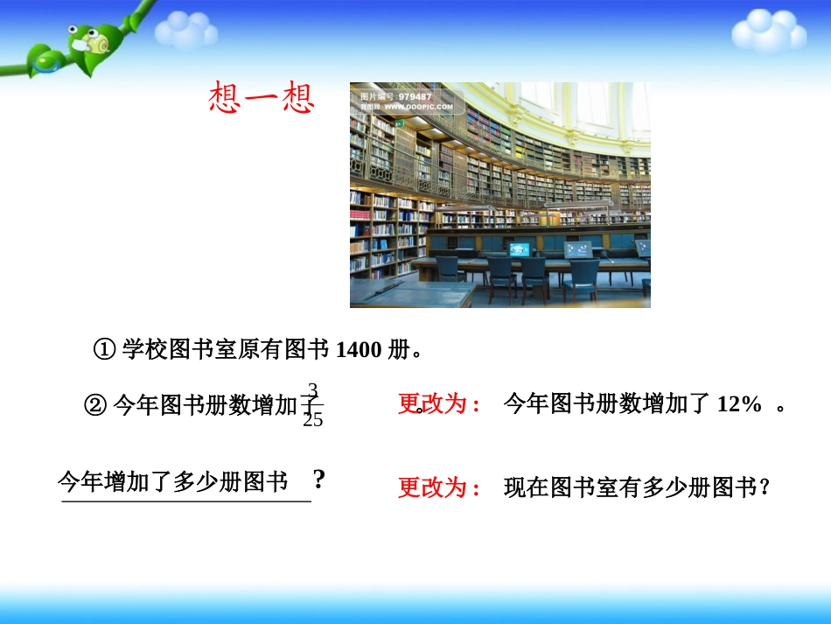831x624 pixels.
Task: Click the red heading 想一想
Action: coord(262,98)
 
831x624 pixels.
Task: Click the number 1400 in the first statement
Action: coord(359,351)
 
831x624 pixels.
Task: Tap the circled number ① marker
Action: coord(104,351)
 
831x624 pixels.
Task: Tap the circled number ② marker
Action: coord(95,405)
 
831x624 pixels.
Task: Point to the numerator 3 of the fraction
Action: coord(312,389)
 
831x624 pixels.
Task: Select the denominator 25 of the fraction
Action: coord(312,420)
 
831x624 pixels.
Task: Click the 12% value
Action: coord(739,404)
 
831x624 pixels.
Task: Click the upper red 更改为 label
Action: coord(438,404)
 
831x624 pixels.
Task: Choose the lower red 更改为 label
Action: coord(439,487)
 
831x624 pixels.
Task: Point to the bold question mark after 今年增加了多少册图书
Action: coord(319,480)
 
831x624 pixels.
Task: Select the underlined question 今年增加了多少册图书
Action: coord(173,482)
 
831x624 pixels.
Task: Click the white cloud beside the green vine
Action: coord(185,32)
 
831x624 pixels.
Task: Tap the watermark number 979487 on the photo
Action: coord(415,96)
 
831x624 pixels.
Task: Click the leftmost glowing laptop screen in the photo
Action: coord(520,249)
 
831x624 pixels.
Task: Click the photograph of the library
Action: coord(499,194)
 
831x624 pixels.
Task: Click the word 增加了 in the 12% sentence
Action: coord(672,404)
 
